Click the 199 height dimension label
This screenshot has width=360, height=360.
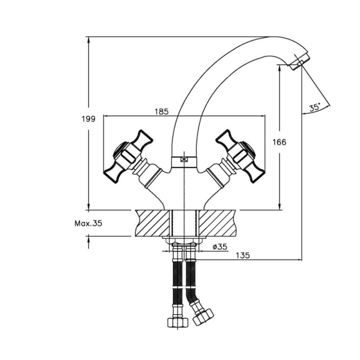(x=88, y=119)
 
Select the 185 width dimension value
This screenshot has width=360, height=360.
(x=162, y=111)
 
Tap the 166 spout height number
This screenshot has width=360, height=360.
(x=279, y=142)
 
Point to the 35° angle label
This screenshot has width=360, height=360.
(x=315, y=107)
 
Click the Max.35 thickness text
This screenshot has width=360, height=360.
(x=88, y=223)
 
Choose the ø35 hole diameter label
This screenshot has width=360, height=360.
(x=220, y=247)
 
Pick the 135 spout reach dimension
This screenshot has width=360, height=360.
(x=243, y=255)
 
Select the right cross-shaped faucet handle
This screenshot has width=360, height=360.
(x=241, y=157)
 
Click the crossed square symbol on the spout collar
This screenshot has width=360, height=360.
(x=184, y=160)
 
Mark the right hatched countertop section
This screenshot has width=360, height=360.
(x=217, y=223)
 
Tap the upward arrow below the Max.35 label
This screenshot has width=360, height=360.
(x=88, y=242)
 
